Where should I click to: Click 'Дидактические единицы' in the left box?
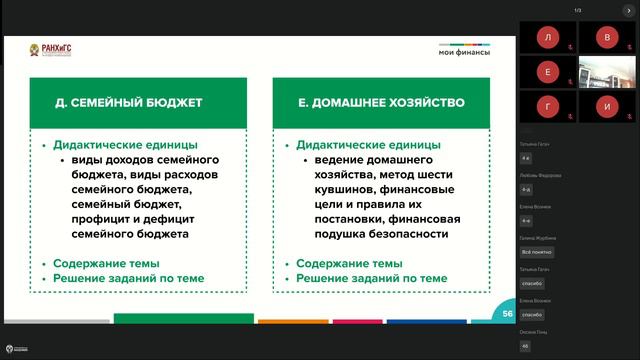pyautogui.click(x=125, y=145)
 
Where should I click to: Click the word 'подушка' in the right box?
pyautogui.click(x=335, y=234)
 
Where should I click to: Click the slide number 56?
pyautogui.click(x=508, y=314)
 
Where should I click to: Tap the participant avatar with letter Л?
pyautogui.click(x=547, y=38)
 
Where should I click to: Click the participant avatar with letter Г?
pyautogui.click(x=547, y=104)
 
